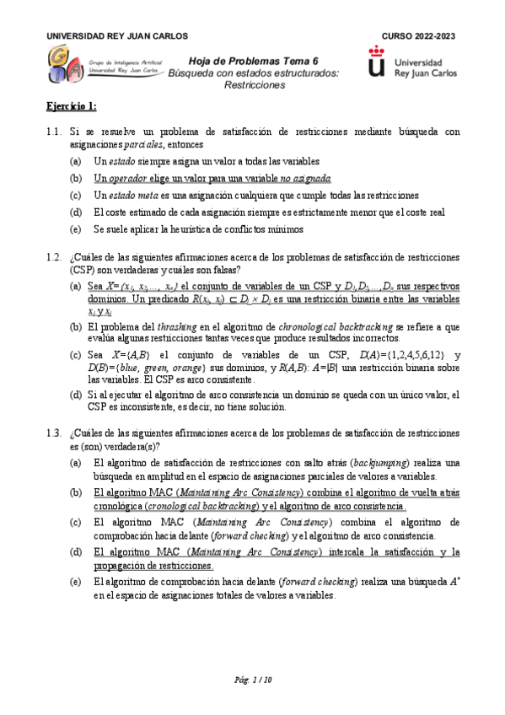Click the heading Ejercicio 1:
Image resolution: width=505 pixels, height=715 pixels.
pyautogui.click(x=72, y=106)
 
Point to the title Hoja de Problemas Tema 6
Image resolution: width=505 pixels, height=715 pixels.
pyautogui.click(x=254, y=61)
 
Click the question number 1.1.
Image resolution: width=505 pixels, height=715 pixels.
pyautogui.click(x=54, y=132)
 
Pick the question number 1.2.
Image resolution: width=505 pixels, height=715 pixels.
pyautogui.click(x=54, y=256)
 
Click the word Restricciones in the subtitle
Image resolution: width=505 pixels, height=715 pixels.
pyautogui.click(x=254, y=85)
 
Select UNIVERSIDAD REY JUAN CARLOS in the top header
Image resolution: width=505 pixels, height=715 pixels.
pyautogui.click(x=116, y=36)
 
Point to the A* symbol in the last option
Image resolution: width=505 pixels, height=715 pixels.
pyautogui.click(x=455, y=582)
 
